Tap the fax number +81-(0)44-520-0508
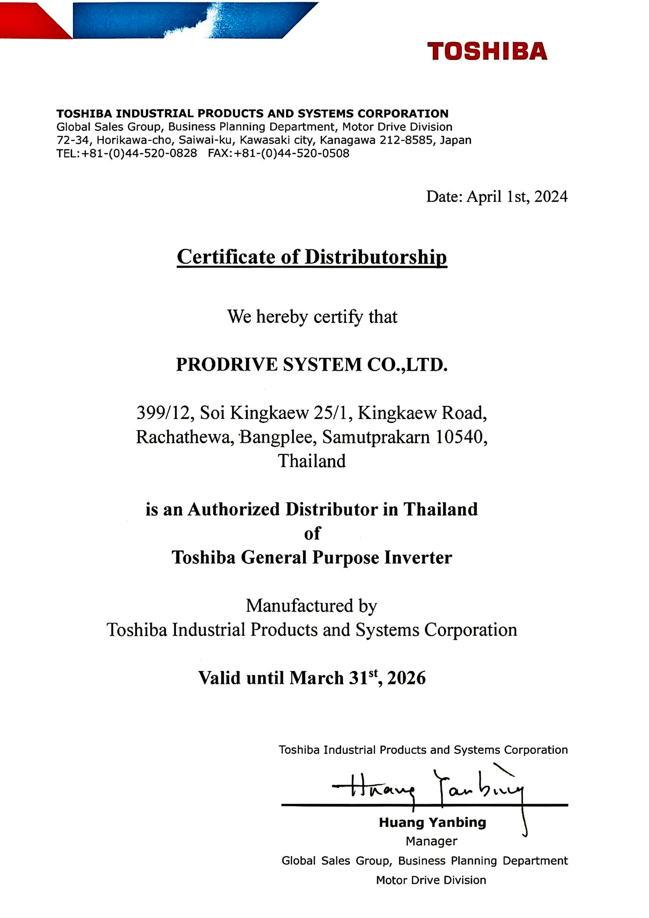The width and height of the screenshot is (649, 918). click(291, 153)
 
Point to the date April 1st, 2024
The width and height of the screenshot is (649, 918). click(517, 196)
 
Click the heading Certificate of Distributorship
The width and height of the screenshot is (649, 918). click(312, 257)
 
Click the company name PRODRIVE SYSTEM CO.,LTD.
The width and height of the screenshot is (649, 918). click(312, 364)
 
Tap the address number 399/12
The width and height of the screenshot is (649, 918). click(165, 413)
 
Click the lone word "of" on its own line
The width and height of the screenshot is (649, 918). click(312, 533)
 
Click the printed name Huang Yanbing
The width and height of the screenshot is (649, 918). click(432, 822)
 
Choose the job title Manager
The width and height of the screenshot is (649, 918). click(432, 841)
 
